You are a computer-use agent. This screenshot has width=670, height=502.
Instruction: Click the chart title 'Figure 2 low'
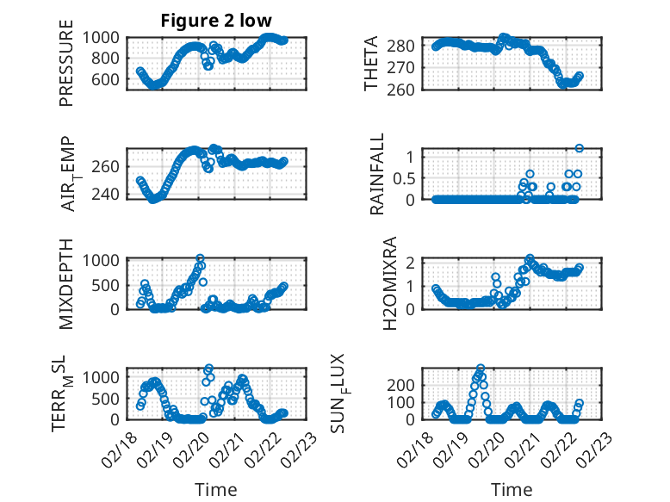coord(217,22)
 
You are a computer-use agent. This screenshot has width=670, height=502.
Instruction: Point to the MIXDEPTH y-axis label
coord(66,282)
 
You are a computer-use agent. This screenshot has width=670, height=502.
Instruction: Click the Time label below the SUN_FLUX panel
coord(512,490)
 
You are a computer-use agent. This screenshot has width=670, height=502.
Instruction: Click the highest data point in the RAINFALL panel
coord(580,148)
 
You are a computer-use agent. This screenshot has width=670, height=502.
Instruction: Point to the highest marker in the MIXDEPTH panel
coord(200,258)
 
